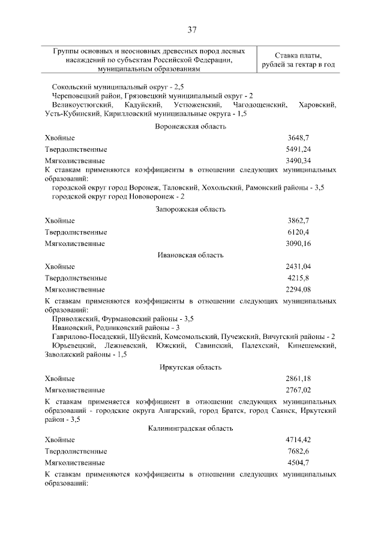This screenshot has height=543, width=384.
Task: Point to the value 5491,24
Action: click(x=298, y=149)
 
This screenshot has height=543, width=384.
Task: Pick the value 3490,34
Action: click(x=298, y=161)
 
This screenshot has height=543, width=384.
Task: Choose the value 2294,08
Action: click(x=298, y=289)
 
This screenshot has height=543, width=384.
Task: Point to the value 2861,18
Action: click(x=298, y=379)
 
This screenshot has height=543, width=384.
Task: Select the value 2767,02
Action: click(x=298, y=390)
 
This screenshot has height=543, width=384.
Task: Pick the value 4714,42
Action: click(x=298, y=440)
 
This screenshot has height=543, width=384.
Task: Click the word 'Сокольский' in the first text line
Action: click(x=71, y=87)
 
